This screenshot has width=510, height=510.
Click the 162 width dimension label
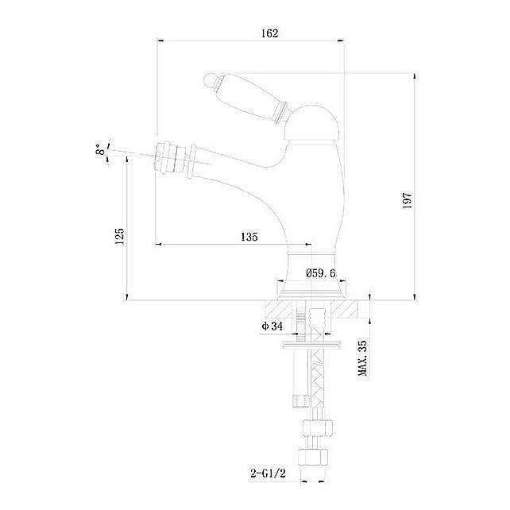(x=270, y=33)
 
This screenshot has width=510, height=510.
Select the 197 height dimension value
(x=407, y=200)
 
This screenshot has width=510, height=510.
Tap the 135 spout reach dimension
(x=249, y=237)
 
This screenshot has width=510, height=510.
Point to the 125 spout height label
(x=119, y=236)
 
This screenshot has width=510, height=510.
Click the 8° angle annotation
(x=101, y=150)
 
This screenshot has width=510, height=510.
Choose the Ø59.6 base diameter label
(x=321, y=273)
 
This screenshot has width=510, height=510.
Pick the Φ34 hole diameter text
(x=272, y=326)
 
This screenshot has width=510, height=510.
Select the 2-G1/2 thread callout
(x=268, y=473)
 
